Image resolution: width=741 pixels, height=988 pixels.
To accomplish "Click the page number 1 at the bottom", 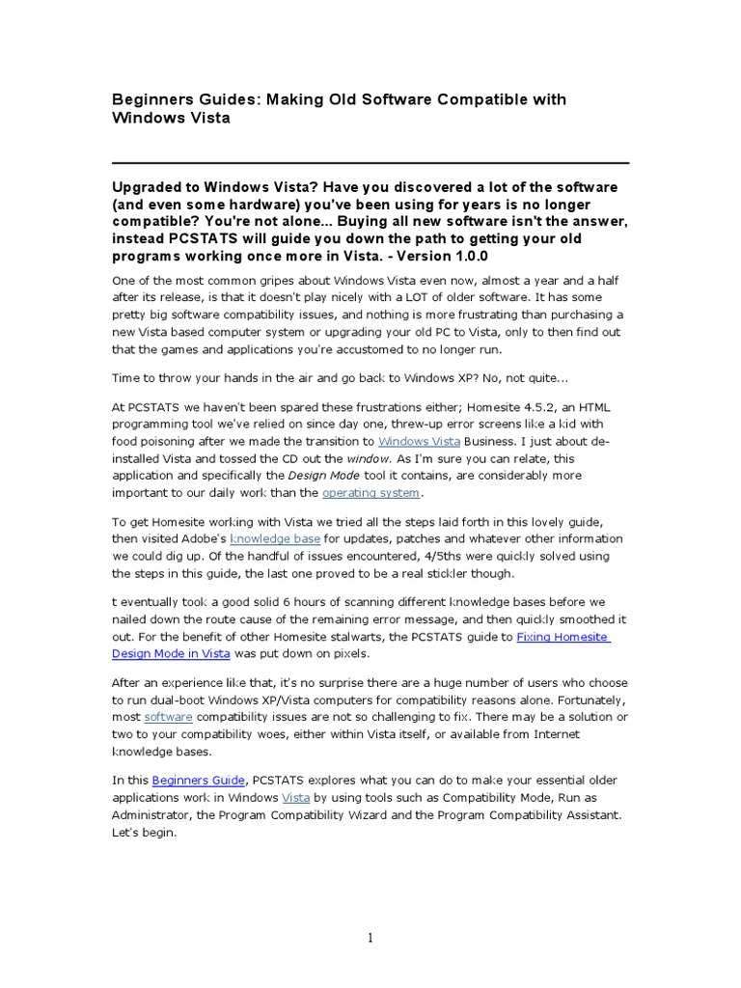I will [x=370, y=938].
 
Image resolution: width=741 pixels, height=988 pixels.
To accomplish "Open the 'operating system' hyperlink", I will [x=371, y=493].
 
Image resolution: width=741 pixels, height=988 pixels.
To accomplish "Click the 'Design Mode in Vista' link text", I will [x=171, y=653].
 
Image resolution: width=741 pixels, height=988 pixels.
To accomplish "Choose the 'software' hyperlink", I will [x=168, y=718].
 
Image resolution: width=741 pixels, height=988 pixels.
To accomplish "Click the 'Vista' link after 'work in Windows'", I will [x=295, y=798].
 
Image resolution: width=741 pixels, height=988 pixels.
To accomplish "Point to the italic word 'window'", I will [x=368, y=458].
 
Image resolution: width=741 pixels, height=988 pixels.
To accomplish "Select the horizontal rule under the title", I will [x=370, y=163].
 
